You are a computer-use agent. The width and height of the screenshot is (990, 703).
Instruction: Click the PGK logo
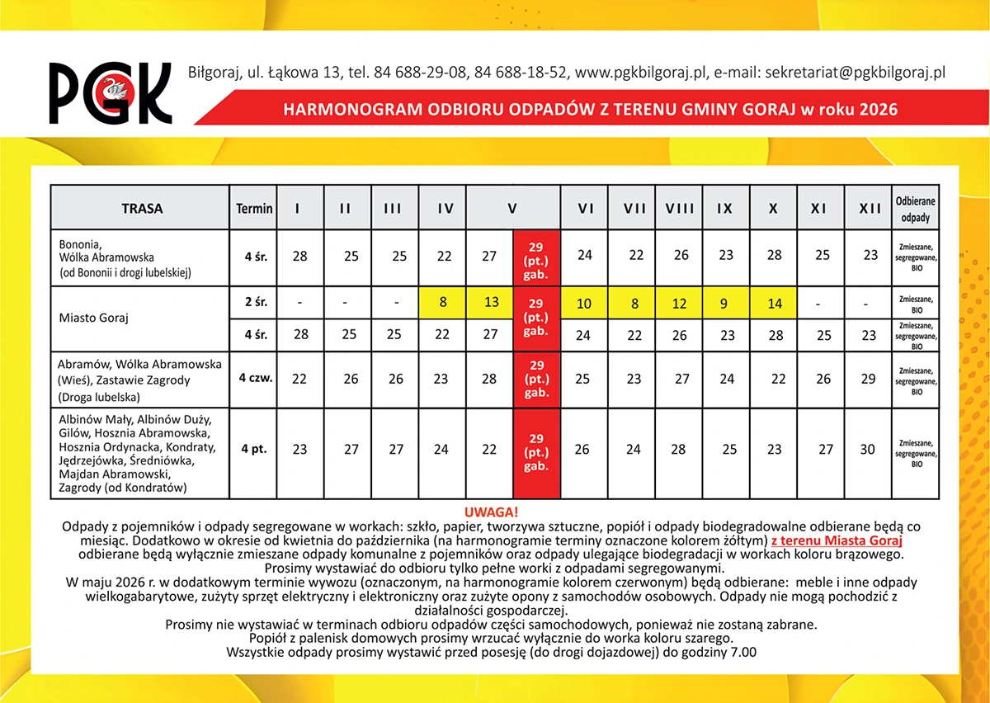click(110, 92)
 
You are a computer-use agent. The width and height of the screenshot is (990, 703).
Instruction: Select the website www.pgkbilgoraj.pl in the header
click(642, 73)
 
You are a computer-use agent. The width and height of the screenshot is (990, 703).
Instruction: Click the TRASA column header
click(141, 209)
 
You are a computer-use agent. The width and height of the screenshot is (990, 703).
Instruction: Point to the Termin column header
click(254, 209)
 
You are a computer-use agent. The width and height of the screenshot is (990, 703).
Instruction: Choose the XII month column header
click(870, 209)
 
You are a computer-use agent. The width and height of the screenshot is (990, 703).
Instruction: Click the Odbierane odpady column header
click(916, 209)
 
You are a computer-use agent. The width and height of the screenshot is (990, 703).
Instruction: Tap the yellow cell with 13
click(491, 303)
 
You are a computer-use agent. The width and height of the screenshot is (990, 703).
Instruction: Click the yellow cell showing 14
click(775, 304)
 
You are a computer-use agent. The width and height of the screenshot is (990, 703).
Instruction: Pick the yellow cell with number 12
click(680, 304)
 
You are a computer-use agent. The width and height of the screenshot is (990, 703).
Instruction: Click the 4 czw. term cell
click(255, 379)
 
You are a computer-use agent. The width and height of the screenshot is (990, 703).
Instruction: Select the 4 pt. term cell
click(254, 450)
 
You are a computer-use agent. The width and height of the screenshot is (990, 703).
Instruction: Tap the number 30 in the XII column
click(869, 450)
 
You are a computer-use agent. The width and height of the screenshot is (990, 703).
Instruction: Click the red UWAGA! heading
click(491, 512)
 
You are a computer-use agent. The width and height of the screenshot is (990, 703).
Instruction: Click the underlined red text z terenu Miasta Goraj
click(837, 541)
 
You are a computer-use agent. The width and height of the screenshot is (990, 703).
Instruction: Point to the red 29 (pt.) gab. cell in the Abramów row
click(536, 379)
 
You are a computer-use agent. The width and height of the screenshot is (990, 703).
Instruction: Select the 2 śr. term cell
click(254, 303)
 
